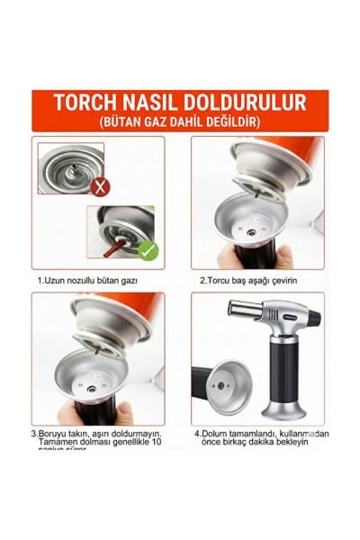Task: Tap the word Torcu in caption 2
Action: pos(221,280)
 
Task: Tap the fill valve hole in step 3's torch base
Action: pos(92,388)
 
